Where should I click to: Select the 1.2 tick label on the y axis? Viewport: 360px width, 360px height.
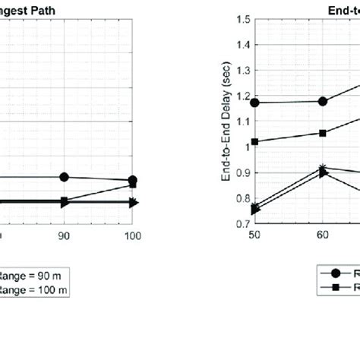point(242,96)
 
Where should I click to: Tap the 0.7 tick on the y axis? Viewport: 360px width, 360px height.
point(242,224)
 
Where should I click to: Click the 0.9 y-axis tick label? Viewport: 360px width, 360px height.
point(242,173)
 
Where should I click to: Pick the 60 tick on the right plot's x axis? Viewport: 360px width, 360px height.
point(323,236)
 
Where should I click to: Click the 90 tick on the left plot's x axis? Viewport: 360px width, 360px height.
point(64,236)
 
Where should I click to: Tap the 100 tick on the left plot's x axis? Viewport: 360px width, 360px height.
point(133,236)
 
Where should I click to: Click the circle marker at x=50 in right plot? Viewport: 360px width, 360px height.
point(254,103)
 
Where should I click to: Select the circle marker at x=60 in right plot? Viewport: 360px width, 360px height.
point(323,101)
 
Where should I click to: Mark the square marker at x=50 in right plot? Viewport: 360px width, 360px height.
point(254,141)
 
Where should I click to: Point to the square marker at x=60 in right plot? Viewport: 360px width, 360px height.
point(323,133)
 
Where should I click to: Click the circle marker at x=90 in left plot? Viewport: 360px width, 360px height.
point(64,177)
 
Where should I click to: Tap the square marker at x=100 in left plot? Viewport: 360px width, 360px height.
point(133,185)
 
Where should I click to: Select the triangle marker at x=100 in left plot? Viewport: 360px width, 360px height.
point(133,203)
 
